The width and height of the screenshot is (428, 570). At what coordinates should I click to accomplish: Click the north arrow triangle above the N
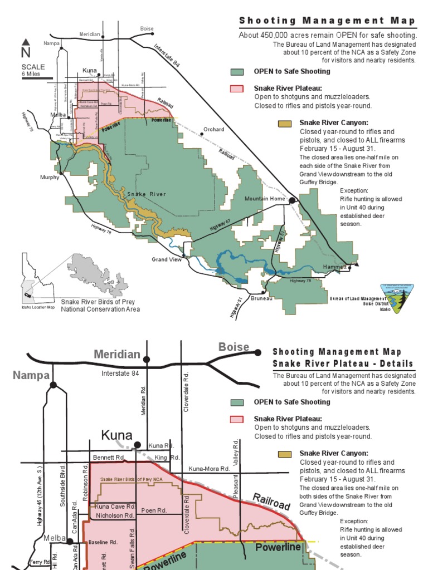[x=26, y=42]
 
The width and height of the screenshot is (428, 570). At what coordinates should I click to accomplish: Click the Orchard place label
[x=213, y=130]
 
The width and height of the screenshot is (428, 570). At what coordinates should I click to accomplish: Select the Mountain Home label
[x=265, y=199]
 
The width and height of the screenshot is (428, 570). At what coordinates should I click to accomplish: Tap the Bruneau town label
[x=261, y=298]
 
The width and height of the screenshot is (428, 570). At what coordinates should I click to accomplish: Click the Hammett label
[x=335, y=267]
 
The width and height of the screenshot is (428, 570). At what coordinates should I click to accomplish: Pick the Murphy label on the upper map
[x=50, y=178]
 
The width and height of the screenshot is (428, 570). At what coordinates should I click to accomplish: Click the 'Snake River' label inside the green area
[x=147, y=194]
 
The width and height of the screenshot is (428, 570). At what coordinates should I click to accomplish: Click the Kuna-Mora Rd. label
[x=210, y=469]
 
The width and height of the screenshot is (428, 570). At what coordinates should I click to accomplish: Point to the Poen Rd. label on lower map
[x=154, y=510]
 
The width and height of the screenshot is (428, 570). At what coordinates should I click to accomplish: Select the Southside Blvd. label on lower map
[x=62, y=485]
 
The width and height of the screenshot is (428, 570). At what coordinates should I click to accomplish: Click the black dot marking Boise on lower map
[x=257, y=352]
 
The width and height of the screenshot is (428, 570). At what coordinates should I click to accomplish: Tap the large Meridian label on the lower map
[x=117, y=355]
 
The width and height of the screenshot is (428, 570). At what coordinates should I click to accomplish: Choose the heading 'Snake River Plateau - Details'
[x=343, y=364]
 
